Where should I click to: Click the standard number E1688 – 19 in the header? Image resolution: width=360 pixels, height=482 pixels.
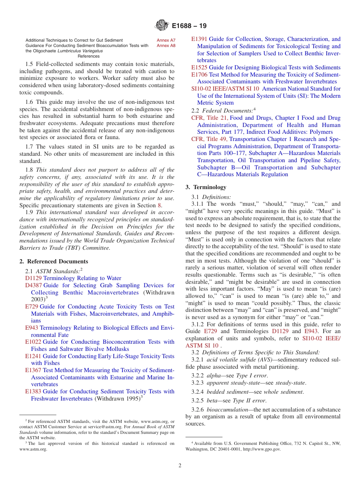pyautogui.click(x=189, y=26)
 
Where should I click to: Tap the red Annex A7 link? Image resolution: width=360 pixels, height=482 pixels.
pyautogui.click(x=166, y=40)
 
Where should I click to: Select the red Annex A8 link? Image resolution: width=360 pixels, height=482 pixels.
pyautogui.click(x=166, y=45)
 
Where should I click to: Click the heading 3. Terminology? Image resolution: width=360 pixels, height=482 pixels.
pyautogui.click(x=206, y=187)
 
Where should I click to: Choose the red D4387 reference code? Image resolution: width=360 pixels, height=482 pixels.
pyautogui.click(x=33, y=285)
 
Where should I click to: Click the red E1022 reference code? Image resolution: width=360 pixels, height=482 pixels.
pyautogui.click(x=33, y=342)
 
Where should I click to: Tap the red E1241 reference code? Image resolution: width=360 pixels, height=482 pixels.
pyautogui.click(x=33, y=356)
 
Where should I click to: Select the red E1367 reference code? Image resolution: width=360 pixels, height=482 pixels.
pyautogui.click(x=33, y=370)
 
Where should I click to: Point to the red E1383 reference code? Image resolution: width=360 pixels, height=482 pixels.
pyautogui.click(x=33, y=391)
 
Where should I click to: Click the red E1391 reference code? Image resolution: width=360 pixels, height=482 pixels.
pyautogui.click(x=199, y=39)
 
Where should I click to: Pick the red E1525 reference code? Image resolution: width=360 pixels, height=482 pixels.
pyautogui.click(x=199, y=67)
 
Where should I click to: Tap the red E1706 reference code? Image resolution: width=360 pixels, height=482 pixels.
pyautogui.click(x=199, y=75)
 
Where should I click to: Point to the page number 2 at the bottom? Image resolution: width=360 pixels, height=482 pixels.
pyautogui.click(x=180, y=465)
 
